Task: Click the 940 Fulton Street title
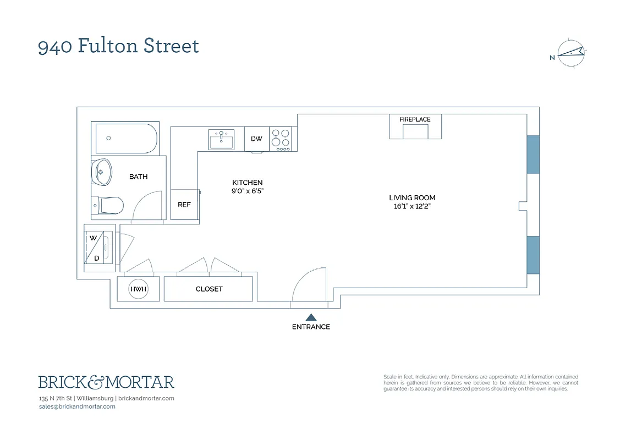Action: [x=118, y=46]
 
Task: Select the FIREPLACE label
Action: [x=415, y=119]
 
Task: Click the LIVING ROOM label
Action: [x=412, y=197]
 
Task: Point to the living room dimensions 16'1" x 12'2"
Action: [x=412, y=207]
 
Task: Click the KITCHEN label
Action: [x=247, y=183]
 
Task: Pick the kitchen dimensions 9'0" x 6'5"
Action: [x=247, y=191]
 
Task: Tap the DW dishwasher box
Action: [x=256, y=139]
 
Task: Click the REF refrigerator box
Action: [x=184, y=204]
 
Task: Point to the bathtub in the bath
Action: [x=126, y=138]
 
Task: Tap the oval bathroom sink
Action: [x=101, y=172]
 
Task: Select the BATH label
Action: [x=138, y=177]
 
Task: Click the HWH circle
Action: [x=138, y=289]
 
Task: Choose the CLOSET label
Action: [x=209, y=289]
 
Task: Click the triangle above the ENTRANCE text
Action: [x=311, y=317]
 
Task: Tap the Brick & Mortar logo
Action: [x=106, y=382]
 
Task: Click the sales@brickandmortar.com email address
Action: [x=77, y=406]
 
